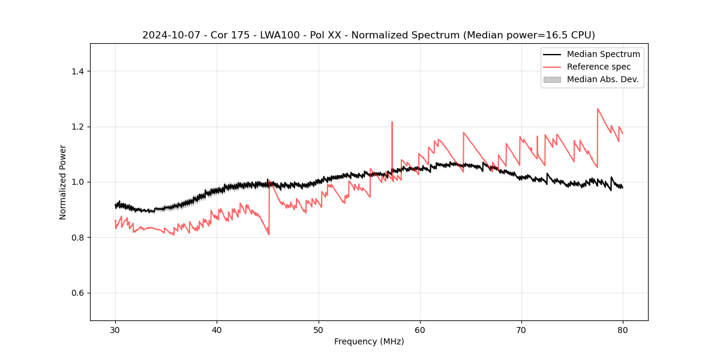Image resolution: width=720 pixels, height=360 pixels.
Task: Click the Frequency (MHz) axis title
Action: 369,341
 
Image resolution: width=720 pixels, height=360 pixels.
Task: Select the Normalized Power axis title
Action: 63,182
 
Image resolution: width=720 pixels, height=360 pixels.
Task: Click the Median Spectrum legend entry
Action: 603,54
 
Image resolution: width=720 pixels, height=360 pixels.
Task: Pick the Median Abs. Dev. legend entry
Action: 602,79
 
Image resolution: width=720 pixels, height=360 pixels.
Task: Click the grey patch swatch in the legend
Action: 552,79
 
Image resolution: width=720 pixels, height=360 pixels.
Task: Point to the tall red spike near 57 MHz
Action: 392,123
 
